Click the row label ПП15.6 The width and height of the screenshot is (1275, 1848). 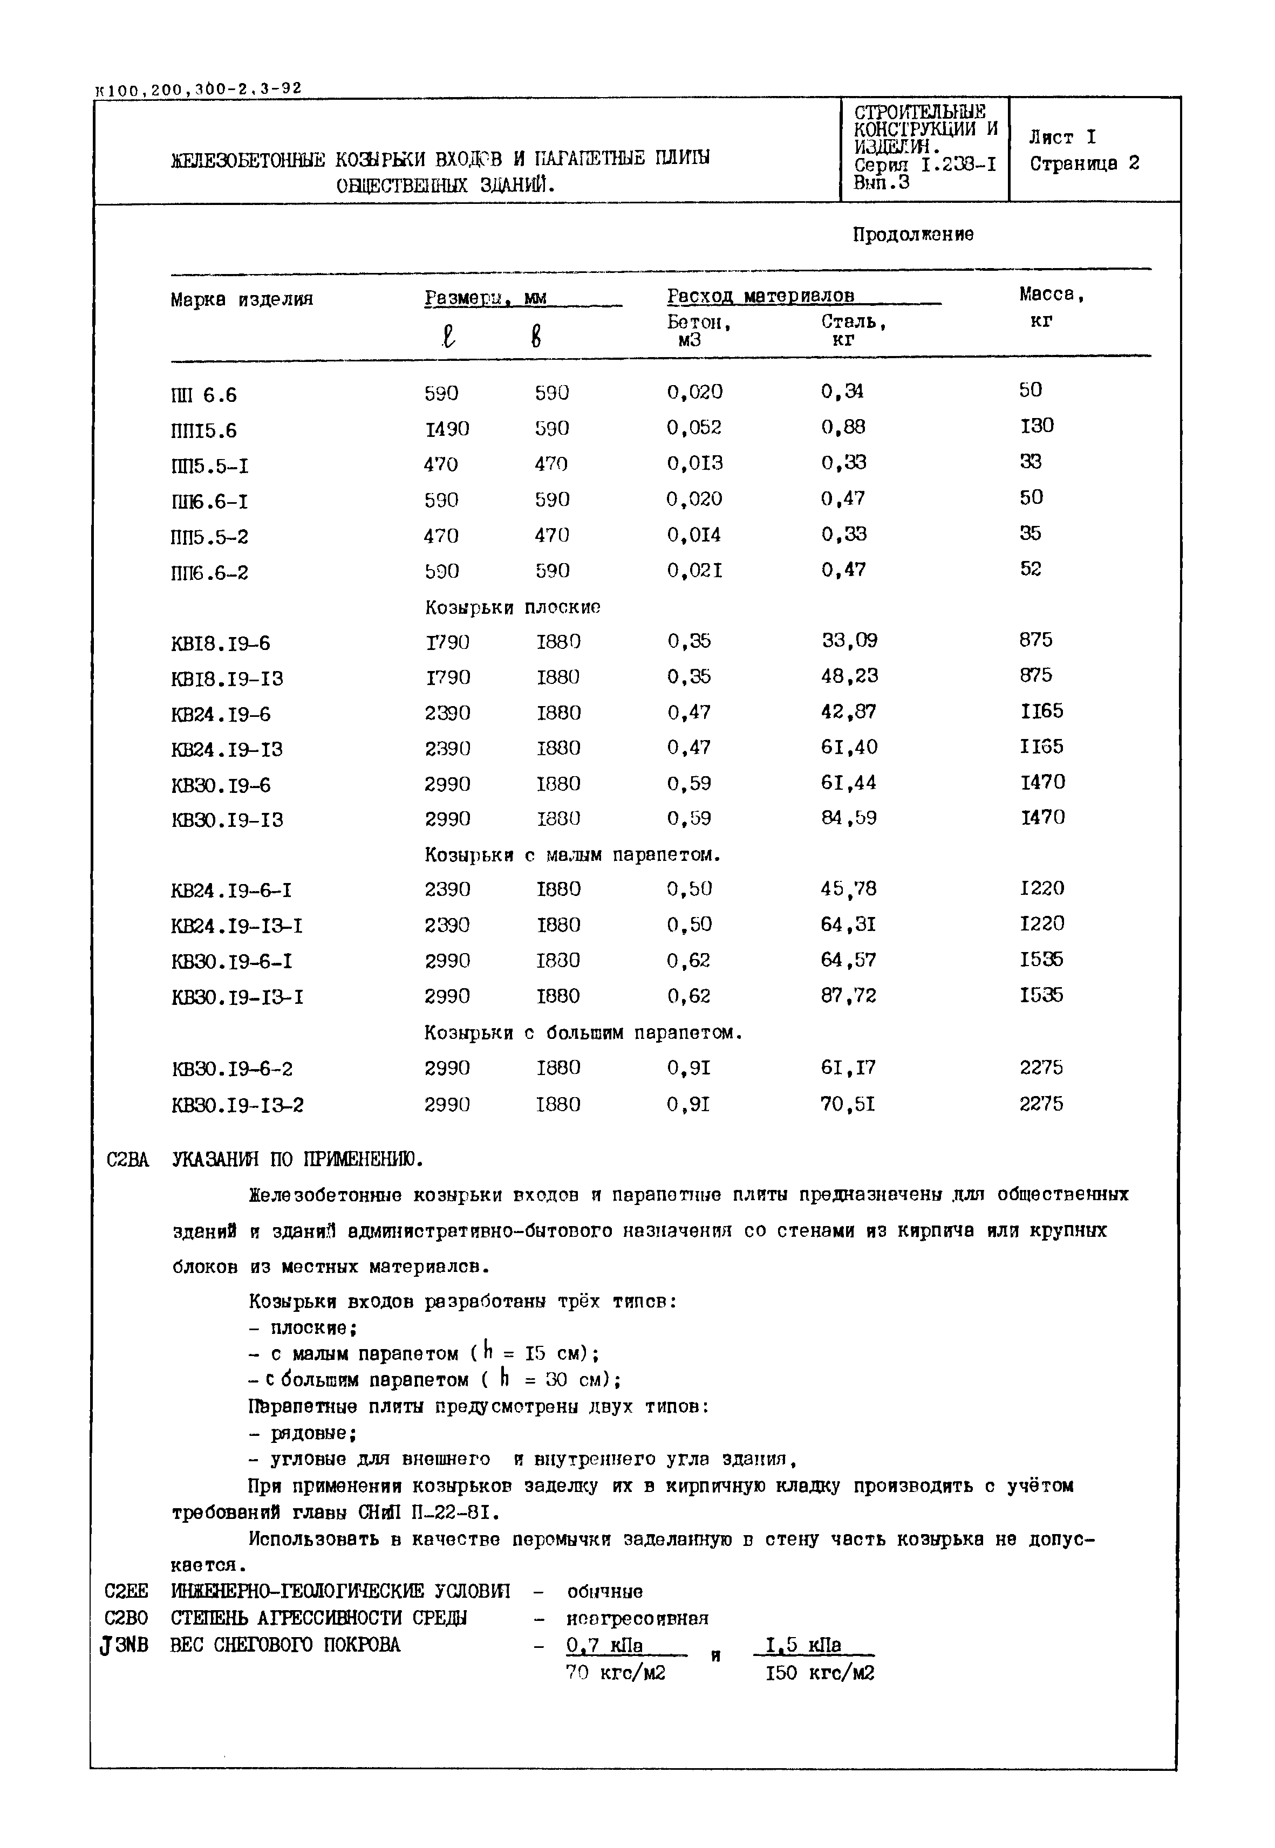coord(204,430)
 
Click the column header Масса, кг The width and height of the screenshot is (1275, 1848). coord(1051,307)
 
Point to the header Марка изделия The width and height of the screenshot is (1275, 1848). coord(241,299)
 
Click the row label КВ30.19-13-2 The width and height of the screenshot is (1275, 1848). coord(237,1105)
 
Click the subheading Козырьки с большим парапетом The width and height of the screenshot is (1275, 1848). coord(583,1032)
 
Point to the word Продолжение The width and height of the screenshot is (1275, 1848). coord(912,235)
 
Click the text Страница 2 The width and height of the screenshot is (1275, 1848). coord(1083,164)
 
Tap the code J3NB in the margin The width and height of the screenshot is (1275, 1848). coord(125,1645)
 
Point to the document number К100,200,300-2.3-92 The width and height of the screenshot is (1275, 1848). coord(197,88)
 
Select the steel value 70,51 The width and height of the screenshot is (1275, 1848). coord(848,1104)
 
